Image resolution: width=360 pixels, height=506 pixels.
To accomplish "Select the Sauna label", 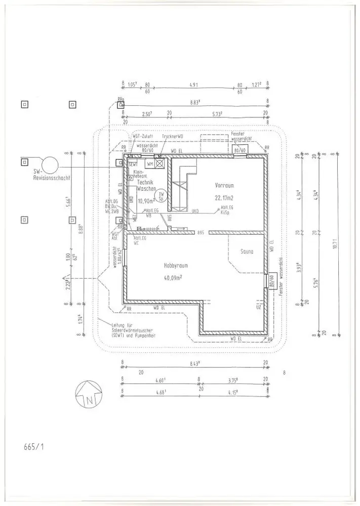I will (x=247, y=251).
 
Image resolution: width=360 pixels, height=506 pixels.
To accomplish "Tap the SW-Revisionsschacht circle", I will (x=50, y=164).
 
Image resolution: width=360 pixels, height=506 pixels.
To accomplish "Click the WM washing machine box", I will (x=149, y=164).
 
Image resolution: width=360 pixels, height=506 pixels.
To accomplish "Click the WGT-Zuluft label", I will (x=144, y=137).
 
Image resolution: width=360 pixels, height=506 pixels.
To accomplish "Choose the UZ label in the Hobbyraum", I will (x=259, y=307).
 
